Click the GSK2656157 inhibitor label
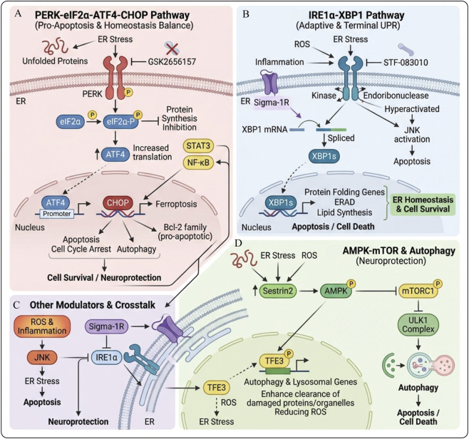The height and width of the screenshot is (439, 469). click(172, 62)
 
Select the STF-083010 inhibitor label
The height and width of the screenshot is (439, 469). click(406, 63)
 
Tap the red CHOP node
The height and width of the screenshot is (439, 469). click(118, 203)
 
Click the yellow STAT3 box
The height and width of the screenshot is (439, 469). click(198, 146)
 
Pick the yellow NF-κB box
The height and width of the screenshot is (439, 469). click(198, 162)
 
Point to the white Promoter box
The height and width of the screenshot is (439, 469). click(57, 214)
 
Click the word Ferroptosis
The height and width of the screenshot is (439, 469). click(176, 205)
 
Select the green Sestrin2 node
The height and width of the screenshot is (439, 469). click(278, 290)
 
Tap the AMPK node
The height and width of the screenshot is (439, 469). click(336, 290)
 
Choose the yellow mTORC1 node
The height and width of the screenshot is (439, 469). click(418, 290)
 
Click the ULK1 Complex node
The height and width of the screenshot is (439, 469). click(418, 324)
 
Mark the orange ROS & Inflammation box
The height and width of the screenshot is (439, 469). click(42, 326)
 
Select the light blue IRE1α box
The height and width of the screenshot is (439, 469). click(106, 357)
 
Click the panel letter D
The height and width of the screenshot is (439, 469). click(238, 244)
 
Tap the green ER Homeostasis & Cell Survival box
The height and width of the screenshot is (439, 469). click(423, 205)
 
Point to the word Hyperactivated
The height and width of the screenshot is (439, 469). click(412, 109)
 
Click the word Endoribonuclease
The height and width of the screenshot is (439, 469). click(396, 95)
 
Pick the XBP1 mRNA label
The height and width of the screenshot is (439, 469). click(264, 130)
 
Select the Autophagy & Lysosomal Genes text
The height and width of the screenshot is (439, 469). click(300, 382)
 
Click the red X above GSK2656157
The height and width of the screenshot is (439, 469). click(172, 48)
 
